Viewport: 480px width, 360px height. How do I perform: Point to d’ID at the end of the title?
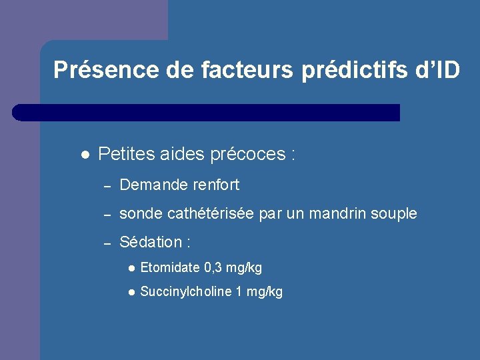[x=441, y=70]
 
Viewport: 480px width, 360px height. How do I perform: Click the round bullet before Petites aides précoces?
[x=84, y=155]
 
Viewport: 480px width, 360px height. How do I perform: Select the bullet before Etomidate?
[x=132, y=268]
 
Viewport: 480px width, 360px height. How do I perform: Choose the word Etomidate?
[x=170, y=268]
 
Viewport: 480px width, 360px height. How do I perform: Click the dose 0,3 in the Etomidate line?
[x=214, y=268]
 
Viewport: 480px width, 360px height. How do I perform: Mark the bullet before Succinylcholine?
[x=132, y=292]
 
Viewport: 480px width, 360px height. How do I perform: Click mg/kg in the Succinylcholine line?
[x=265, y=292]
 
